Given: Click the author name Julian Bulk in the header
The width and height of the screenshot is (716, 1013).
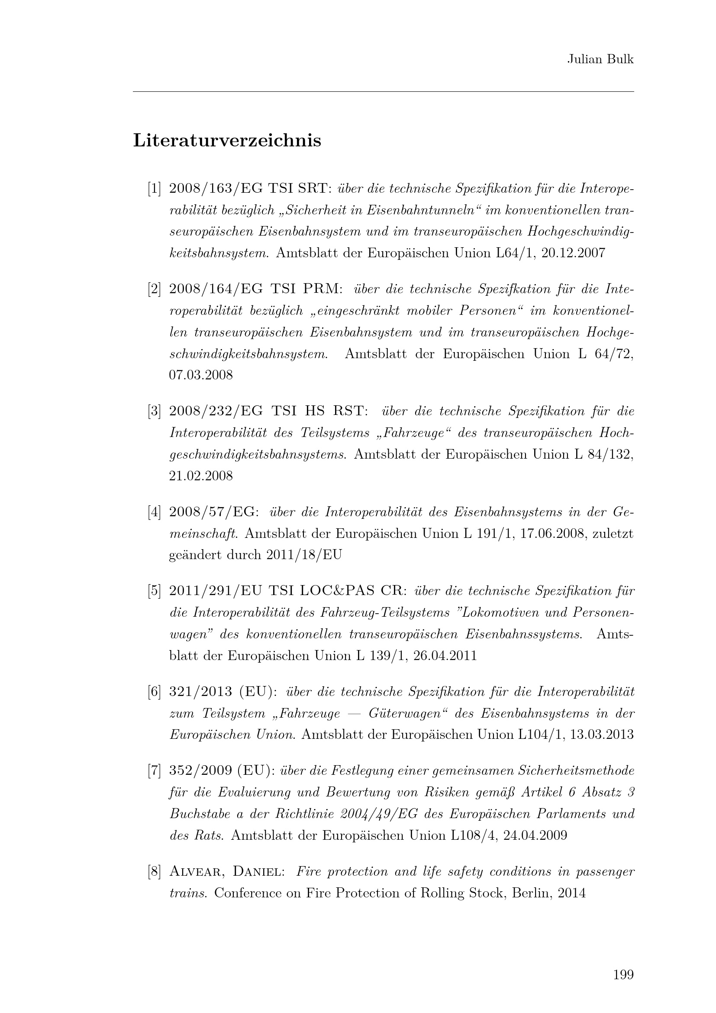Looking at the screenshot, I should (x=600, y=60).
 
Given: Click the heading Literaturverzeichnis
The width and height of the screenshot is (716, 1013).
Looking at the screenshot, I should (x=227, y=141).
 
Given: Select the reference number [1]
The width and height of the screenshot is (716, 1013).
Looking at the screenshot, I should (x=154, y=189).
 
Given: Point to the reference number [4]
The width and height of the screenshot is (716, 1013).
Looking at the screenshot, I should (x=154, y=512).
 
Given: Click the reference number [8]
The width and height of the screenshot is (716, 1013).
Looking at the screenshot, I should (x=154, y=872).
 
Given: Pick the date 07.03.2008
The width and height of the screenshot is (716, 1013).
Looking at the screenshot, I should (x=200, y=375).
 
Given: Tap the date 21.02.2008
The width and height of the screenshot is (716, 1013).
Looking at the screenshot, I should (x=200, y=476).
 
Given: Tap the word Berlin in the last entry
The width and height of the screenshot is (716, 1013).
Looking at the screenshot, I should (x=531, y=893).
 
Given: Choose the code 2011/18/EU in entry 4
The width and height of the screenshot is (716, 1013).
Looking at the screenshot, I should (x=304, y=555).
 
